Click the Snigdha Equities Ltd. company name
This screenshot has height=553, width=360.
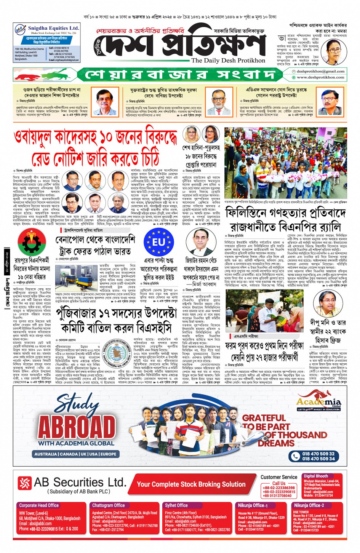[53, 28]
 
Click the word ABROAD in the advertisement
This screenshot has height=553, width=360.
[77, 427]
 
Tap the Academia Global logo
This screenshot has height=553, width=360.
[319, 402]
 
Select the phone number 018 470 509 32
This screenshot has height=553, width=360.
[318, 454]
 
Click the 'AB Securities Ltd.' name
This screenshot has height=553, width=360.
[80, 483]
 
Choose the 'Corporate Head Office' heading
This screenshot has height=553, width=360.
[39, 505]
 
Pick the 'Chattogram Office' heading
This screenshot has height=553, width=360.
[109, 505]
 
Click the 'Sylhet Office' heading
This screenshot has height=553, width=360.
[176, 505]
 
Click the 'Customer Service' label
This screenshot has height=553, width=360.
[279, 477]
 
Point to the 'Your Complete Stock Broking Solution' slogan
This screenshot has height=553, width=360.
[191, 484]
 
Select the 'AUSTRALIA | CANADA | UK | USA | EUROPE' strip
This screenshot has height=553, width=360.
[75, 454]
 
